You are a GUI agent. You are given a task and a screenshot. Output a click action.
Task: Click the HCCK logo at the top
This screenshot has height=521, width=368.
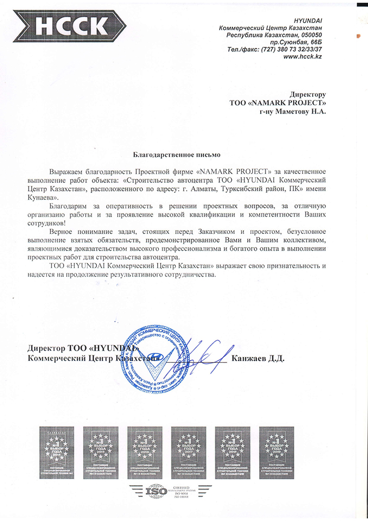coord(73,25)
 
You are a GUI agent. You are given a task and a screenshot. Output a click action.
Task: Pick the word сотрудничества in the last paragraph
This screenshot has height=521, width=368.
coord(186,274)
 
